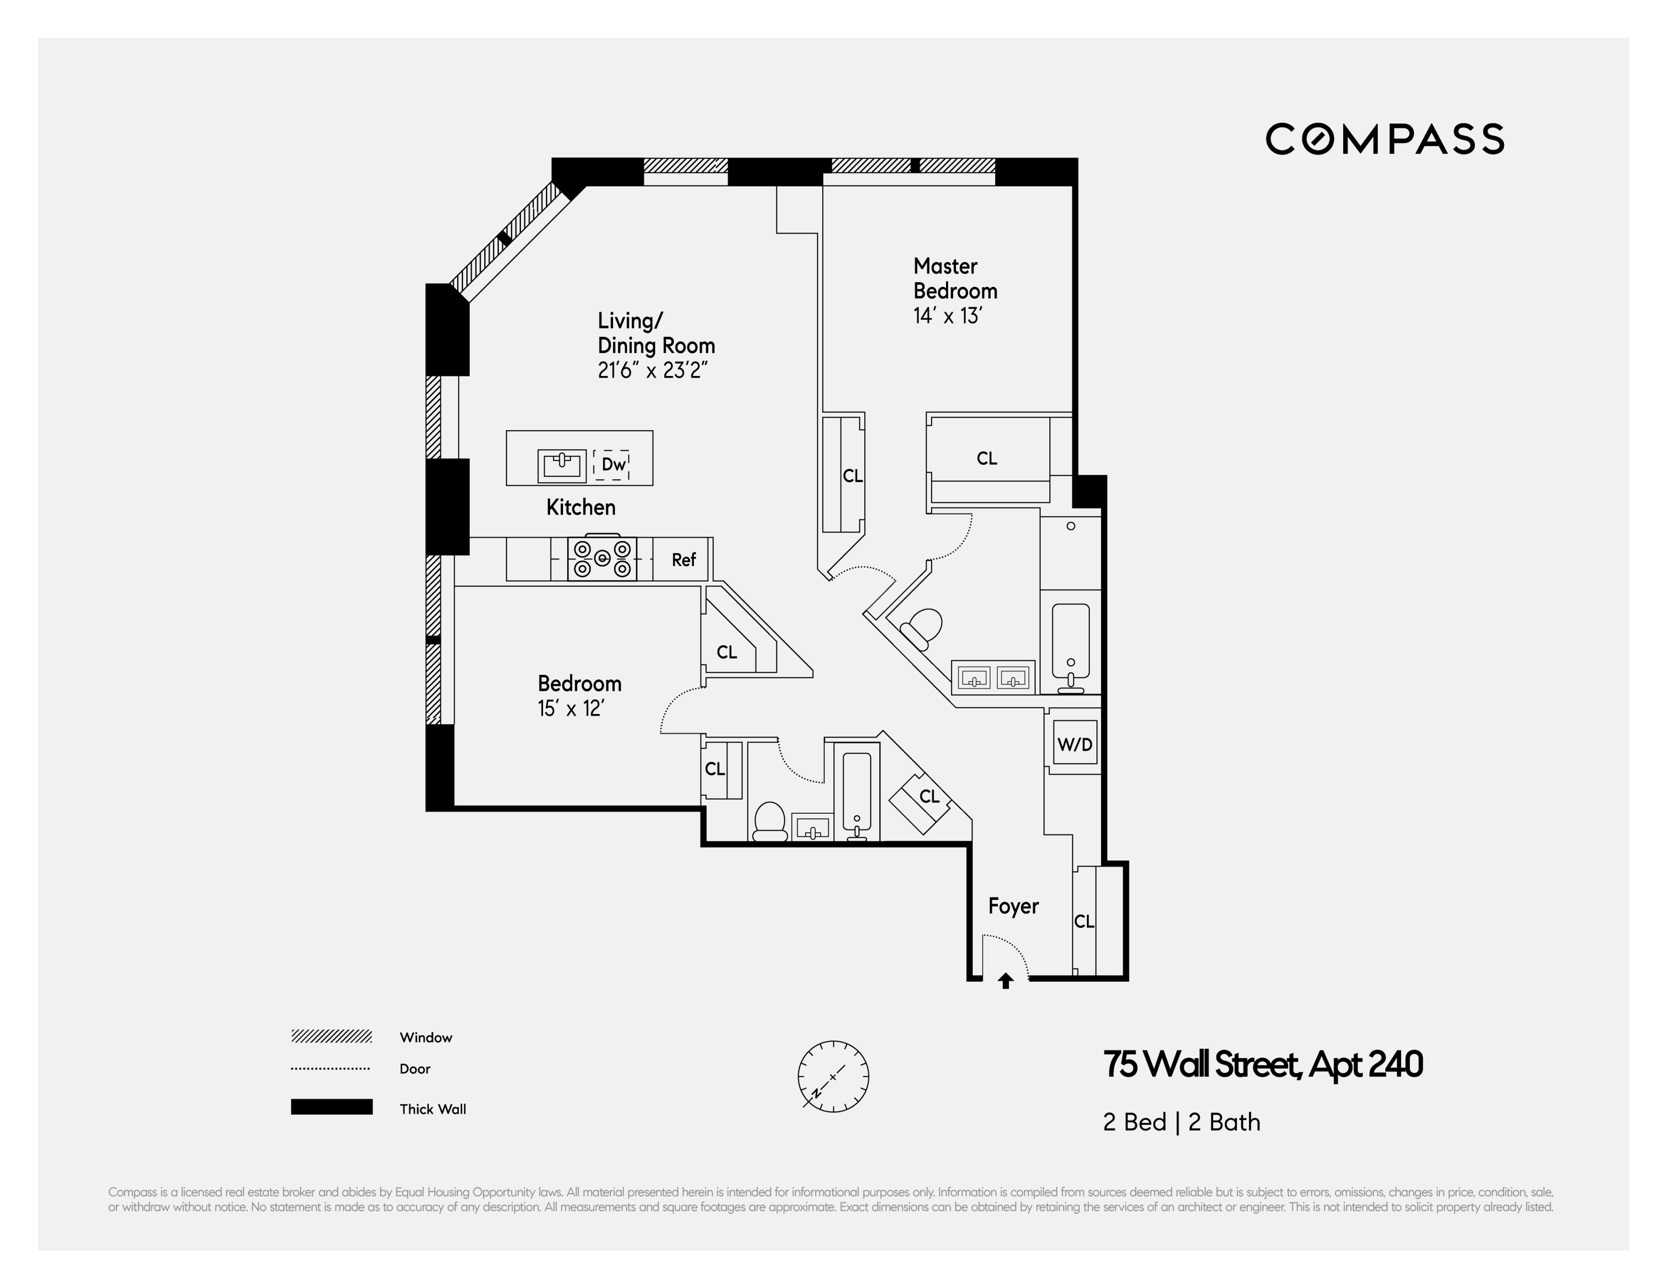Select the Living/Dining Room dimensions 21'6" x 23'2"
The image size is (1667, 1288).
tap(653, 371)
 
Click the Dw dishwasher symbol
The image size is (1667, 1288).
tap(612, 464)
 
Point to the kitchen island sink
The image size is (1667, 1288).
tap(562, 465)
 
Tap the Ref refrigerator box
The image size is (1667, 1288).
tap(683, 560)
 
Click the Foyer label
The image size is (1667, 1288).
tap(1013, 906)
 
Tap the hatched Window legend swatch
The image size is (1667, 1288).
tap(331, 1036)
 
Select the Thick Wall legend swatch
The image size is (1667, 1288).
tap(331, 1107)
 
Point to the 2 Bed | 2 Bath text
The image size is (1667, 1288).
tap(1181, 1123)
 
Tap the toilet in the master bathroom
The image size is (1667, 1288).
tap(922, 628)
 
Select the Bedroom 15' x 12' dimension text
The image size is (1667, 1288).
tap(571, 708)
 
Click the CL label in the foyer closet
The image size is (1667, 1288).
tap(1084, 922)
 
